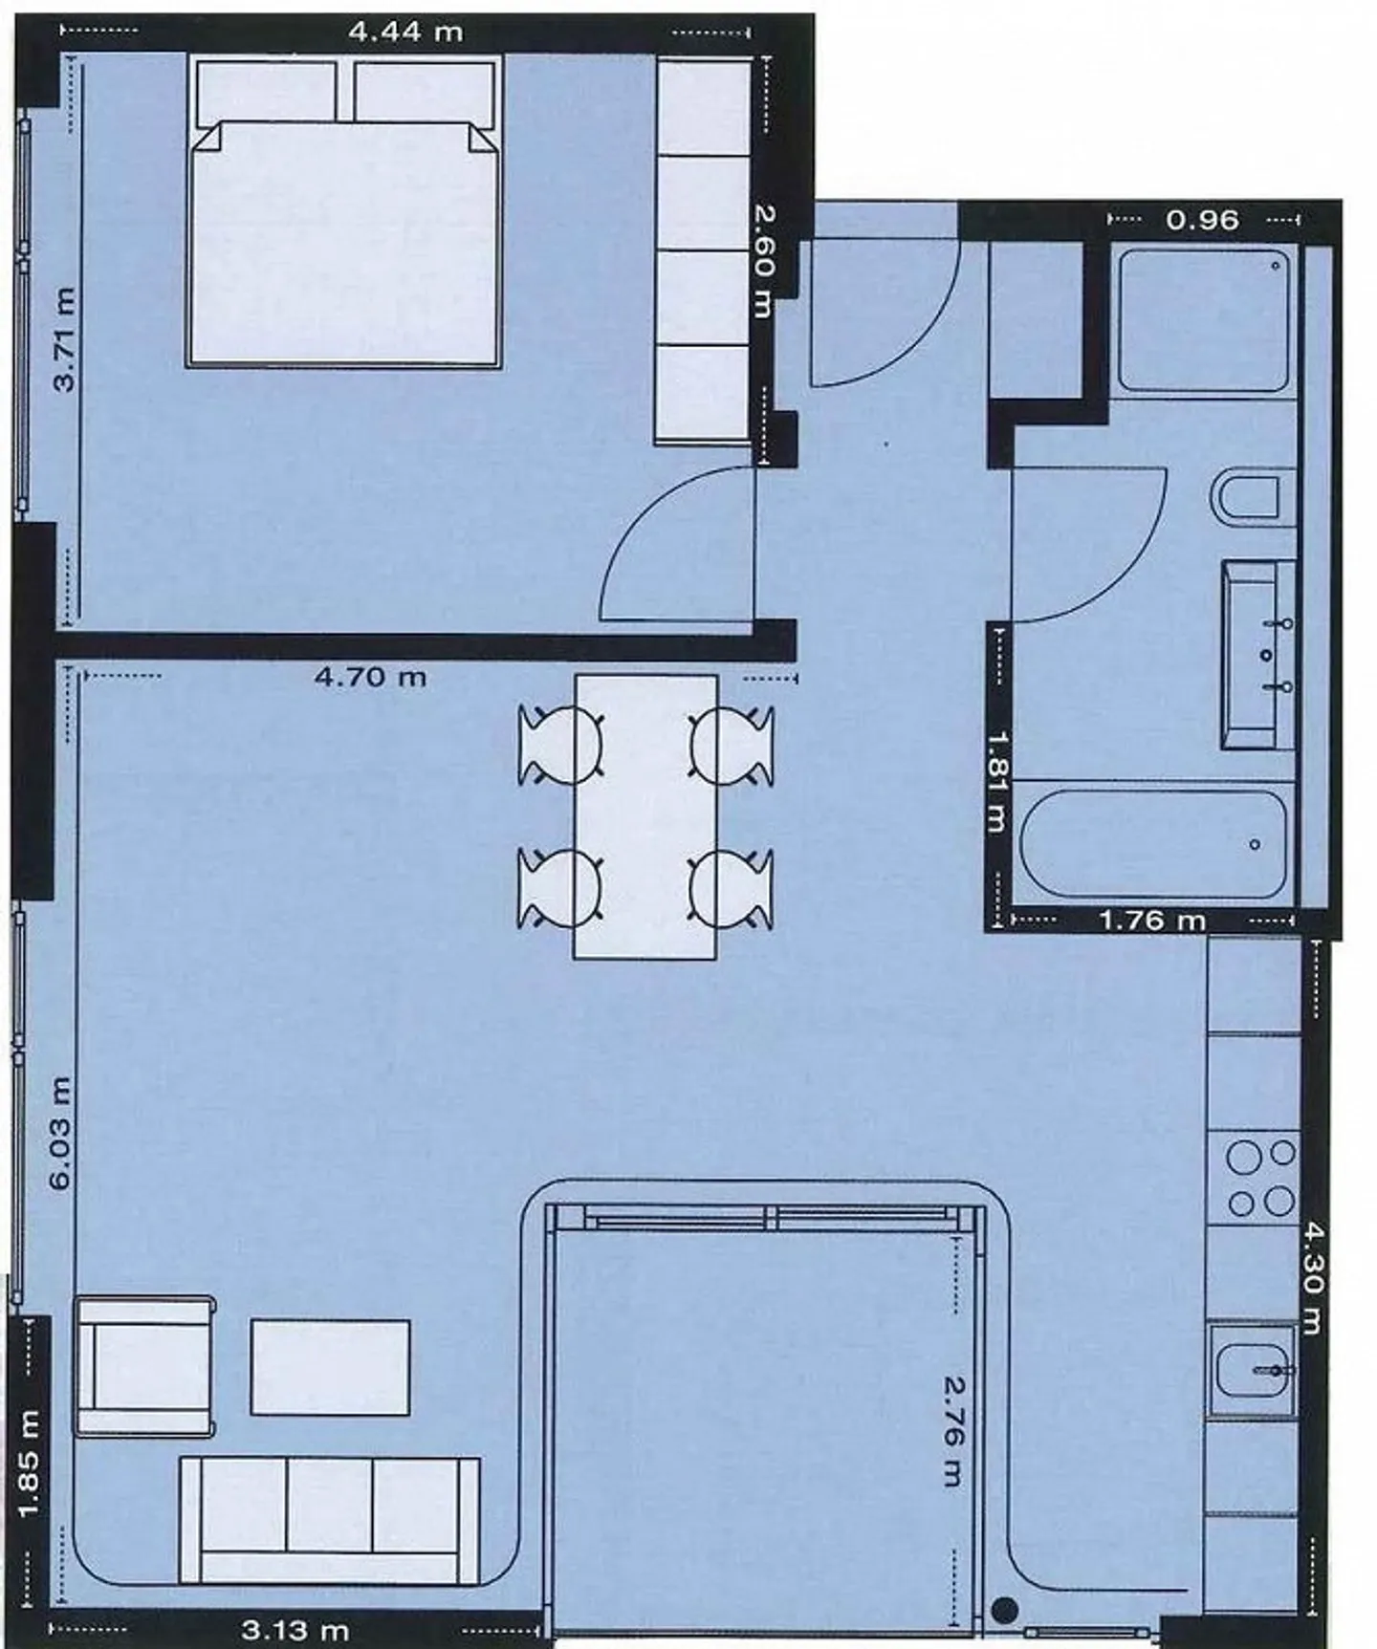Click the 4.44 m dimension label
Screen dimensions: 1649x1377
[x=404, y=33]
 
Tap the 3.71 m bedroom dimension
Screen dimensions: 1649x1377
[x=65, y=339]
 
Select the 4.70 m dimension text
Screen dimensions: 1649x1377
[x=370, y=678]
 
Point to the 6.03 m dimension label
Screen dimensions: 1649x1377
[x=60, y=1133]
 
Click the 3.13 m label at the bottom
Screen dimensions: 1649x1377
[x=294, y=1630]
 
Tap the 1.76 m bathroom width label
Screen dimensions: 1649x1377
[x=1151, y=921]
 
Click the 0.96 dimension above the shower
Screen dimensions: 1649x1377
[x=1202, y=220]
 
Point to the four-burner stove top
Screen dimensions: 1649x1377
[x=1260, y=1177]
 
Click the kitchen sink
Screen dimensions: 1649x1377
[x=1253, y=1370]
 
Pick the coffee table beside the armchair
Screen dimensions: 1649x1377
[x=330, y=1367]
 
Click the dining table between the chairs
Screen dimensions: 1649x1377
[x=645, y=817]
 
